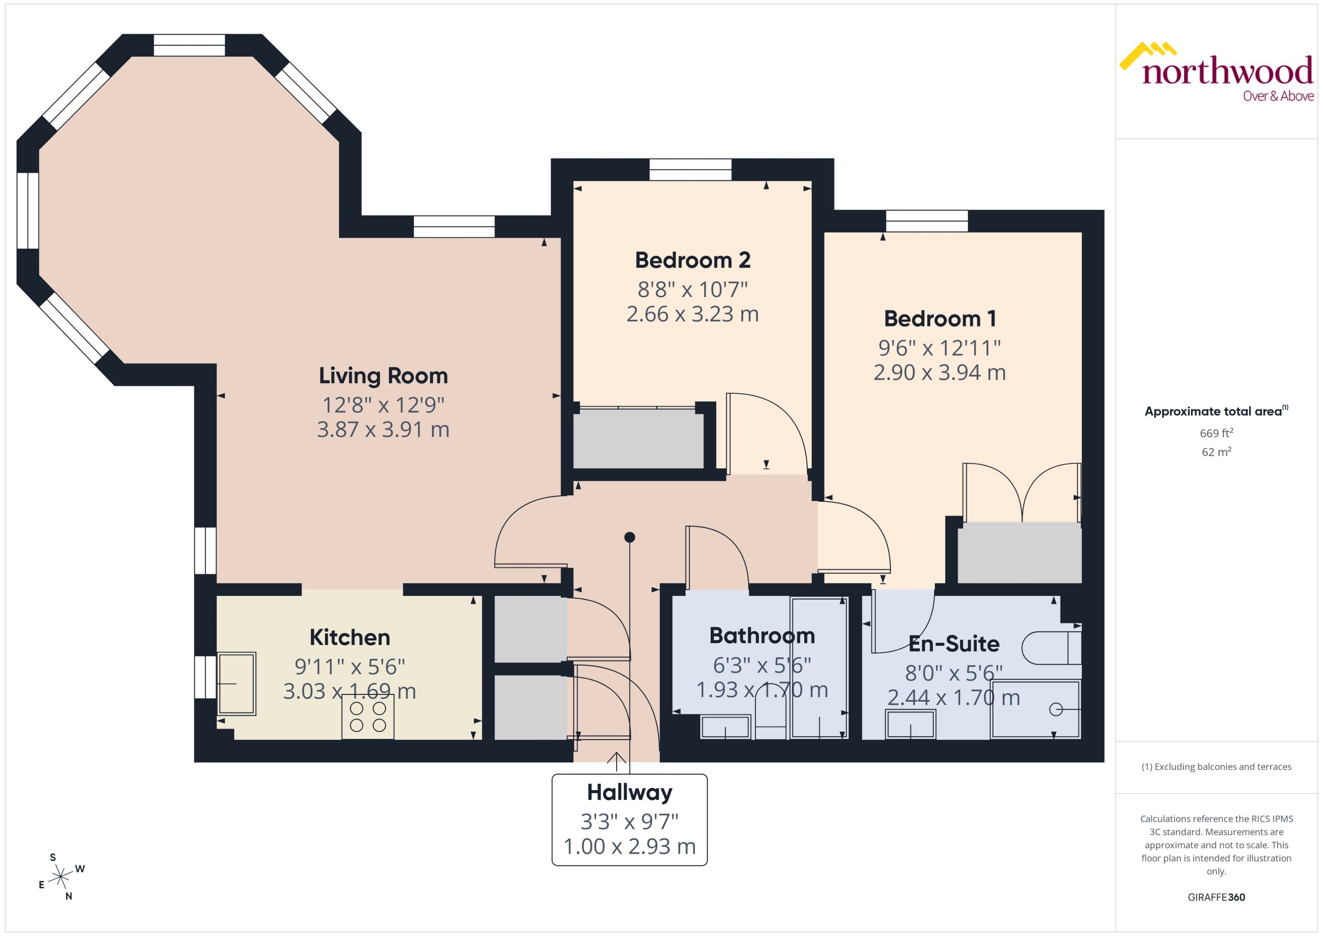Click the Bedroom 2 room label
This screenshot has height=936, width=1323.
(x=692, y=260)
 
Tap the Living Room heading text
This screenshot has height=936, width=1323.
(x=383, y=376)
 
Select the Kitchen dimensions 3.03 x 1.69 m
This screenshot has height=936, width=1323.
(x=349, y=691)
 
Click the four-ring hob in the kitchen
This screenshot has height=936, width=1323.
(x=368, y=717)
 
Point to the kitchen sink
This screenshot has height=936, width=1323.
(x=236, y=684)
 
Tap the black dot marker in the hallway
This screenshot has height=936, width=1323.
(x=629, y=537)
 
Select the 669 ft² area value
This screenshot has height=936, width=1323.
(x=1216, y=433)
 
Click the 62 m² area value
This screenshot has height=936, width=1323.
(x=1216, y=452)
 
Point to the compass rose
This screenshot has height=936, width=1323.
(x=60, y=877)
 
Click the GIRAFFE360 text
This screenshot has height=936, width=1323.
(x=1216, y=897)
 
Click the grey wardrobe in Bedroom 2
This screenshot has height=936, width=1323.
(x=638, y=439)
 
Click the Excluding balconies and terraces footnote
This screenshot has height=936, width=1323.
(x=1216, y=767)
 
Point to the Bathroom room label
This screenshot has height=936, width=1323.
(x=762, y=636)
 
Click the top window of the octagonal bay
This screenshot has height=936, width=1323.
(x=189, y=45)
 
